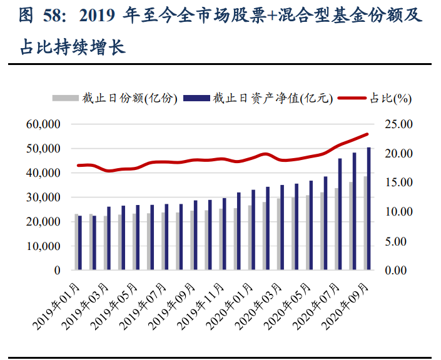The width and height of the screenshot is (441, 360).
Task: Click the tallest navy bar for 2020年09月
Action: point(368,209)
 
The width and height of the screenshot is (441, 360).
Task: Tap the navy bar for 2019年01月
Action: point(80,243)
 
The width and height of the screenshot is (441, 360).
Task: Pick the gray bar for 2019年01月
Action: point(76,242)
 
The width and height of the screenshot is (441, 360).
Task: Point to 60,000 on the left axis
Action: point(43,124)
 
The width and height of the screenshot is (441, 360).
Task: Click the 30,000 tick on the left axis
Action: point(43,197)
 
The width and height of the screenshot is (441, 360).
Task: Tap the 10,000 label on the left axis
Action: point(43,246)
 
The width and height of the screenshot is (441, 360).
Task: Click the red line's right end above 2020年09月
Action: point(368,134)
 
